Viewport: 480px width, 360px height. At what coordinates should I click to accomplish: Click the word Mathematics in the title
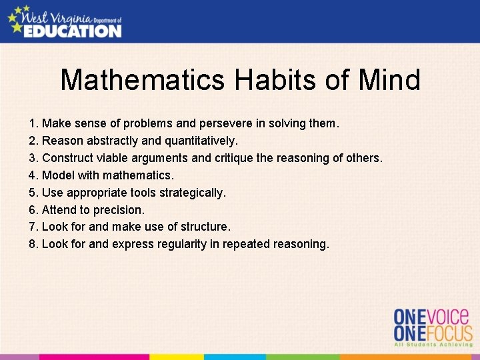pos(143,81)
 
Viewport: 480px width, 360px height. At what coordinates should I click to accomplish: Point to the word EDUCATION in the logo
pos(73,30)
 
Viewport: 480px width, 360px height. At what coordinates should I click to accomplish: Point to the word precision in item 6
pos(119,210)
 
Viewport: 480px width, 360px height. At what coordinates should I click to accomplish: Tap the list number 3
pos(33,158)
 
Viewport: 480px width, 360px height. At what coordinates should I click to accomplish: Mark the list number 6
pos(33,210)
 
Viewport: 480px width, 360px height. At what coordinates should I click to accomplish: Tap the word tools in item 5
pos(140,193)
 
